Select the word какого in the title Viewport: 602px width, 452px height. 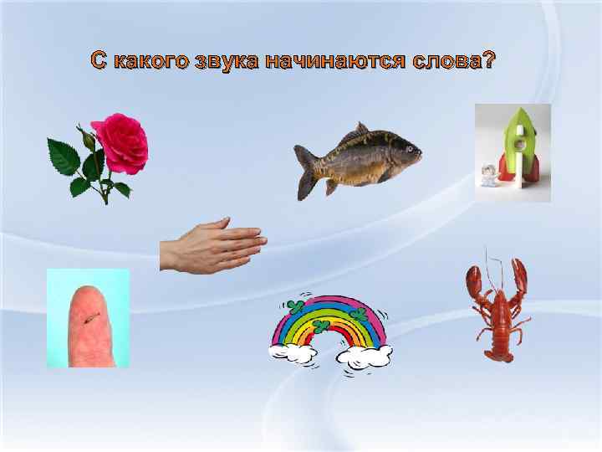[x=149, y=60]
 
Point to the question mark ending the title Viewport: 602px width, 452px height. [x=488, y=60]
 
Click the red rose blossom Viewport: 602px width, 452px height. [x=120, y=143]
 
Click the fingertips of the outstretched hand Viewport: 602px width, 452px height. [x=256, y=243]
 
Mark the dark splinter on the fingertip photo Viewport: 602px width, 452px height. [x=90, y=317]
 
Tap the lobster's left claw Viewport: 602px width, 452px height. [x=473, y=281]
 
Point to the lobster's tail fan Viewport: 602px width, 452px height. [x=498, y=354]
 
